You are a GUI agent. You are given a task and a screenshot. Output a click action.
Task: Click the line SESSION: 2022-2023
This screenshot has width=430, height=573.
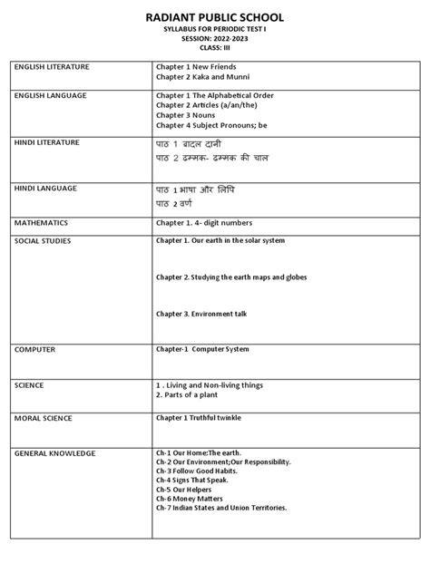click(215, 40)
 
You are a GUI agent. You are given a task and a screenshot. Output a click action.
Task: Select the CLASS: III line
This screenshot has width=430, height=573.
click(215, 49)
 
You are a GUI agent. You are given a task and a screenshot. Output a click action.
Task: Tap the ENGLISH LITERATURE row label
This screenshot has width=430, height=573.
click(51, 68)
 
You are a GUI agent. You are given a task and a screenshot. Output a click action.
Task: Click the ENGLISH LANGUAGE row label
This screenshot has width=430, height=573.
click(50, 95)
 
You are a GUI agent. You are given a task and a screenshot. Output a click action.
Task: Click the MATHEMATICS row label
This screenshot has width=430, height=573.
click(41, 222)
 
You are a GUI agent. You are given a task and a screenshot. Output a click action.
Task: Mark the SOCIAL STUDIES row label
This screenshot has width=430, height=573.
click(43, 241)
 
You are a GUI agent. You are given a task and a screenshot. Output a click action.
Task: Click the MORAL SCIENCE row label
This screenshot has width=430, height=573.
click(44, 419)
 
